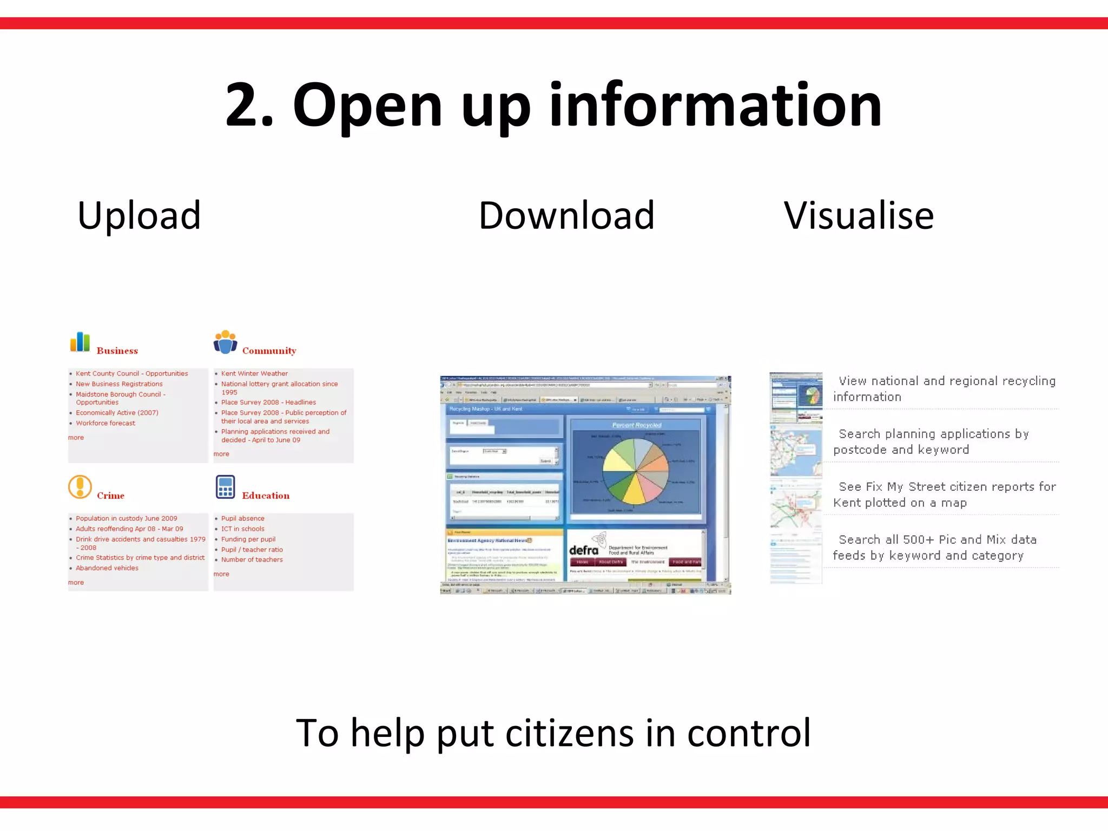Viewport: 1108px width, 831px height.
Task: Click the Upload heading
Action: [139, 215]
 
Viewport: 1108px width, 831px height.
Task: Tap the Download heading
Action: [566, 215]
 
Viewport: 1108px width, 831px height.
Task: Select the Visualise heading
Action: [859, 215]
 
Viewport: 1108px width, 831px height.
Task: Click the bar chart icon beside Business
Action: [80, 342]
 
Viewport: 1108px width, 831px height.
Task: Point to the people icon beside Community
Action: [226, 342]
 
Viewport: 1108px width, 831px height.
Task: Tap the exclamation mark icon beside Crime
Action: [80, 487]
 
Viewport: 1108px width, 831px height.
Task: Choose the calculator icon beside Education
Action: [225, 487]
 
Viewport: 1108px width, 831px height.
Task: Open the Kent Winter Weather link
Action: [254, 373]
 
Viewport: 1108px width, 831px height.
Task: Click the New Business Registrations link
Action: [119, 384]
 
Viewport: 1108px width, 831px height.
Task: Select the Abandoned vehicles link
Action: [107, 568]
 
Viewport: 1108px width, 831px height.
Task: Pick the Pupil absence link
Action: [243, 518]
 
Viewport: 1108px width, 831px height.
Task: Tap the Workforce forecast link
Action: [105, 423]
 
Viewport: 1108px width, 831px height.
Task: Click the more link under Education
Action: [221, 574]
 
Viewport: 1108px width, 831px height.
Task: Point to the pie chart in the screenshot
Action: [636, 471]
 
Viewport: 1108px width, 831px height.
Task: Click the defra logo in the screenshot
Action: [584, 550]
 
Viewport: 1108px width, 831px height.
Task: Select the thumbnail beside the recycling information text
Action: [796, 398]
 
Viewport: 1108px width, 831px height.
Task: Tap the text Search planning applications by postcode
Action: [931, 441]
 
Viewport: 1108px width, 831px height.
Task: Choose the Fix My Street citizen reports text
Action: [944, 494]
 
